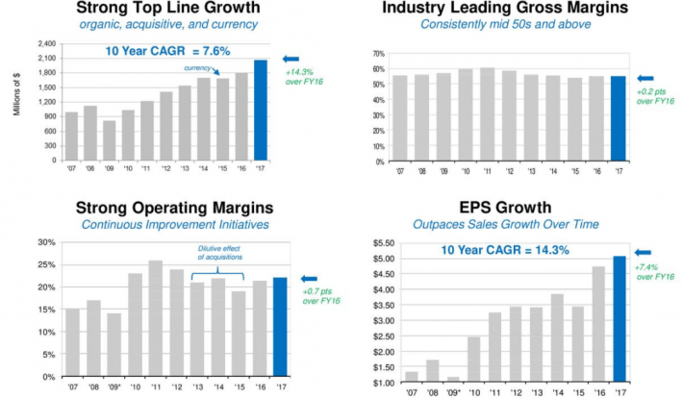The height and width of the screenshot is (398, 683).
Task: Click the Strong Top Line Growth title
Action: click(171, 9)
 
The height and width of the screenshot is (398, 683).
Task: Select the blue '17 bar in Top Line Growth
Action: click(261, 110)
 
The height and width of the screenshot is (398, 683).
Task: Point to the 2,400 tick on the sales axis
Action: click(45, 45)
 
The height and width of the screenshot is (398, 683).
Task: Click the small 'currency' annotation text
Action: click(196, 68)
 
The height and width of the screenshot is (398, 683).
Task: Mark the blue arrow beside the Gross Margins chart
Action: click(645, 78)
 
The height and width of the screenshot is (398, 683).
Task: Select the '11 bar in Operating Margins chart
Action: click(156, 318)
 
